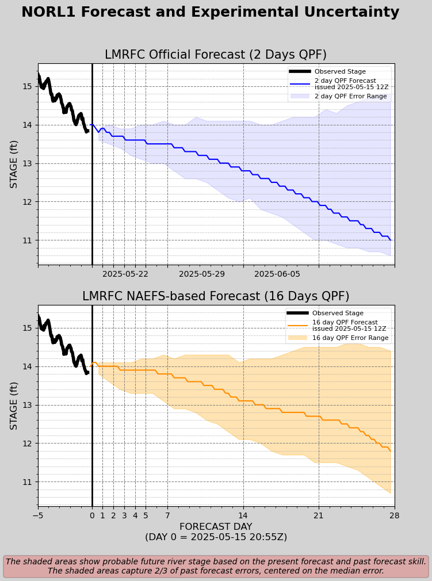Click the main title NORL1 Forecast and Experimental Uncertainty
210,13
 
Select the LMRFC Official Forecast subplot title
216,55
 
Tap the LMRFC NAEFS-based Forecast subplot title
216,297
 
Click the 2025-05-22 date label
125,274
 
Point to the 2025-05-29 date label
201,274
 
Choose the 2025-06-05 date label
277,274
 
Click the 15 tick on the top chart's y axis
27,87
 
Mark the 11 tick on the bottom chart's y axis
27,482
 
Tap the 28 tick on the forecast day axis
395,516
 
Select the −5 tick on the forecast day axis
38,516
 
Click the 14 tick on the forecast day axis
243,516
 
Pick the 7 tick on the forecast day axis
167,516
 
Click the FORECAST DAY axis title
216,527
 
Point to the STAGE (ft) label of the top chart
14,164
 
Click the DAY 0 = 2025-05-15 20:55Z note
216,537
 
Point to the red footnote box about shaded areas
216,566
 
